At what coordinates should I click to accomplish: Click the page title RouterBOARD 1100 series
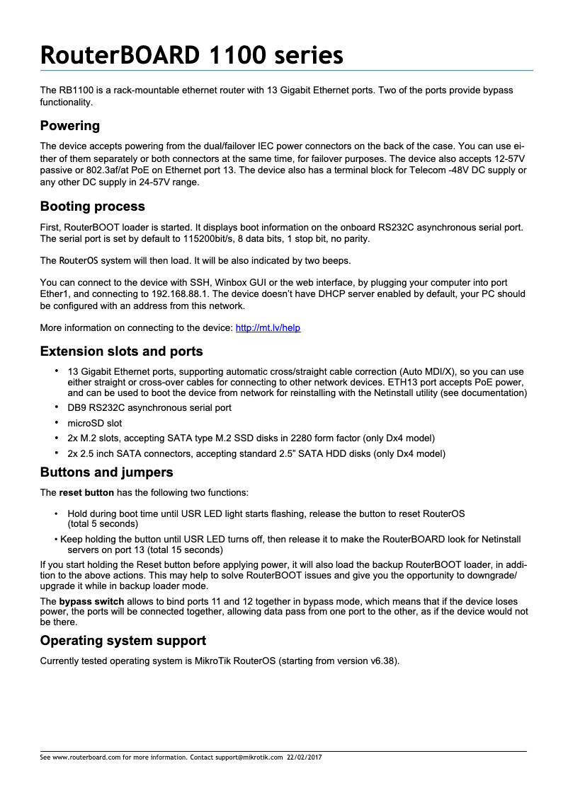[x=191, y=54]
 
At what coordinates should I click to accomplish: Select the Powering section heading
[x=69, y=126]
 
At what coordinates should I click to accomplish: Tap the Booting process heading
[x=92, y=207]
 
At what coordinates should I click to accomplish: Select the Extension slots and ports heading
[x=121, y=351]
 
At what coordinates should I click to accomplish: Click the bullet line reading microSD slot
[x=94, y=424]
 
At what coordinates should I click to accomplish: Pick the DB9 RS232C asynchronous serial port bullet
[x=149, y=408]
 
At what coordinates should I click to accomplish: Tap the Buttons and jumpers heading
[x=106, y=472]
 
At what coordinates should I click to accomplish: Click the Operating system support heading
[x=123, y=641]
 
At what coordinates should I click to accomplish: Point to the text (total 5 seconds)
[x=103, y=524]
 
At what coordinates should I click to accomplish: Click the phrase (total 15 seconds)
[x=181, y=550]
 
